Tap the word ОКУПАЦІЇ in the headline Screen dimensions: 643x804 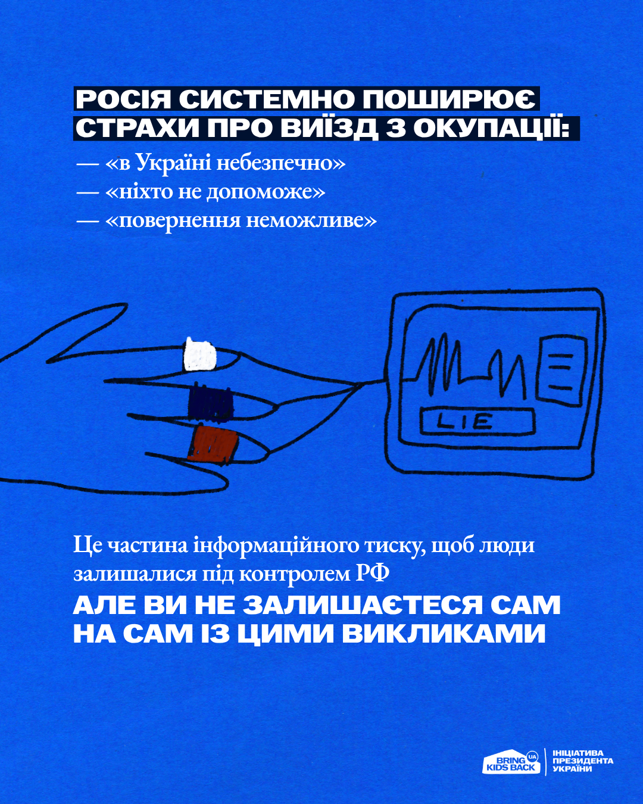click(x=492, y=129)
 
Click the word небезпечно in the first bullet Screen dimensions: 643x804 click(x=280, y=164)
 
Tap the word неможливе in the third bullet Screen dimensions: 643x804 click(x=311, y=221)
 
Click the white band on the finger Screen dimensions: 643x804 click(x=200, y=354)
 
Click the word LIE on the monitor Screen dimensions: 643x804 click(x=465, y=422)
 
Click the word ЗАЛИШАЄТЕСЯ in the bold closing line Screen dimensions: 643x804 click(x=361, y=605)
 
